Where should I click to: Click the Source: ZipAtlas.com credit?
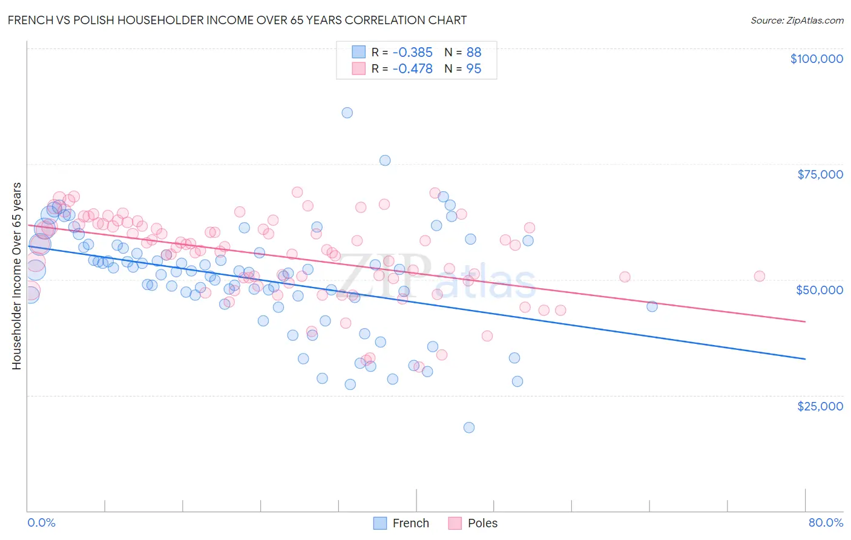(797, 20)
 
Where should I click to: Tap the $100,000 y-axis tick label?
(816, 59)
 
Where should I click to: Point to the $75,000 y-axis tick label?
(820, 174)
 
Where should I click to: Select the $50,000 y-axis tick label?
(819, 290)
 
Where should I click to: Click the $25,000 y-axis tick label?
(820, 406)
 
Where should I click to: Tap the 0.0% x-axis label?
(41, 522)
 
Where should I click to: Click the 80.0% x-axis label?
(826, 522)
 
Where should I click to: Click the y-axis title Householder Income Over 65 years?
(17, 275)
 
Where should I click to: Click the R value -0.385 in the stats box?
(412, 52)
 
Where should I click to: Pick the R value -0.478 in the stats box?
(412, 68)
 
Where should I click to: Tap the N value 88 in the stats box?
(473, 52)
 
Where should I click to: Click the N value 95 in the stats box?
(473, 68)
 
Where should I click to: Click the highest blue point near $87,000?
(347, 113)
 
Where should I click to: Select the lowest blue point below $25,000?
(469, 427)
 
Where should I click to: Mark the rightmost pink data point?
(759, 276)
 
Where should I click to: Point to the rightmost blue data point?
(652, 306)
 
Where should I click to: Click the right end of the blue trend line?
(805, 359)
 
